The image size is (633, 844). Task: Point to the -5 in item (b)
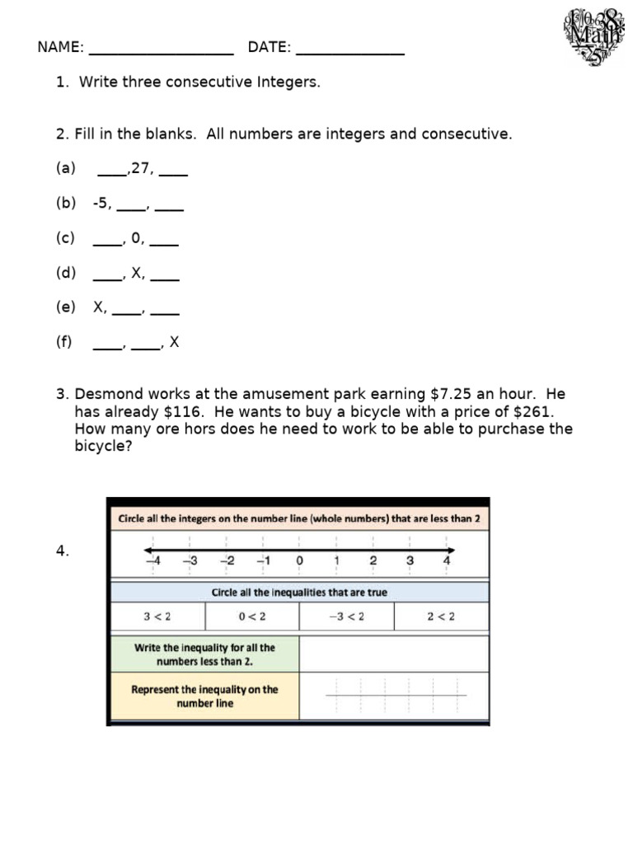(x=101, y=204)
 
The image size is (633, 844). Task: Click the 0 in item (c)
(x=136, y=238)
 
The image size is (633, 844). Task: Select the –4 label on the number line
(x=152, y=560)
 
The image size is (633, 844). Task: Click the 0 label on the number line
(x=299, y=560)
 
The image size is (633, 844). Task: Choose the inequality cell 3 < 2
(x=157, y=617)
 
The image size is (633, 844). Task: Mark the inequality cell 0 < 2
(x=252, y=617)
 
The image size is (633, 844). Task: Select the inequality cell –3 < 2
(x=346, y=617)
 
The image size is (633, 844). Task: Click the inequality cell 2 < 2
(x=441, y=617)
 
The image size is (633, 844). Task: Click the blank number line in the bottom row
(x=396, y=696)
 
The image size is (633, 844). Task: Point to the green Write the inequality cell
(x=204, y=654)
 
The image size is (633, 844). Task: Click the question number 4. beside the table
(x=63, y=552)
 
